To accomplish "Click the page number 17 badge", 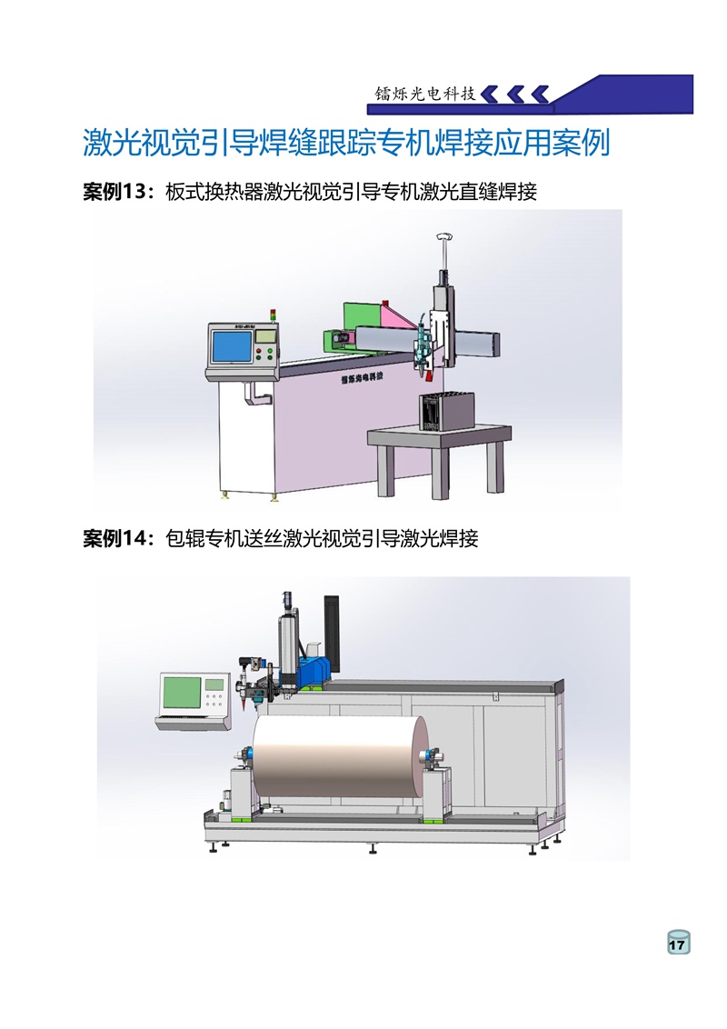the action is (679, 943).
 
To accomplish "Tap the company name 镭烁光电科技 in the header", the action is (425, 94).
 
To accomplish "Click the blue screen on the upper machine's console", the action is (231, 346).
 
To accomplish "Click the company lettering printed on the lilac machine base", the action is (362, 379).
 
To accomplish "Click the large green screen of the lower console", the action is (182, 693).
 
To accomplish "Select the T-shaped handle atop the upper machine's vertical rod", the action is (444, 236).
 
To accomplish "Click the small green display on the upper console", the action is (265, 335).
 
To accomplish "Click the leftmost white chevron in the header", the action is (490, 95).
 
